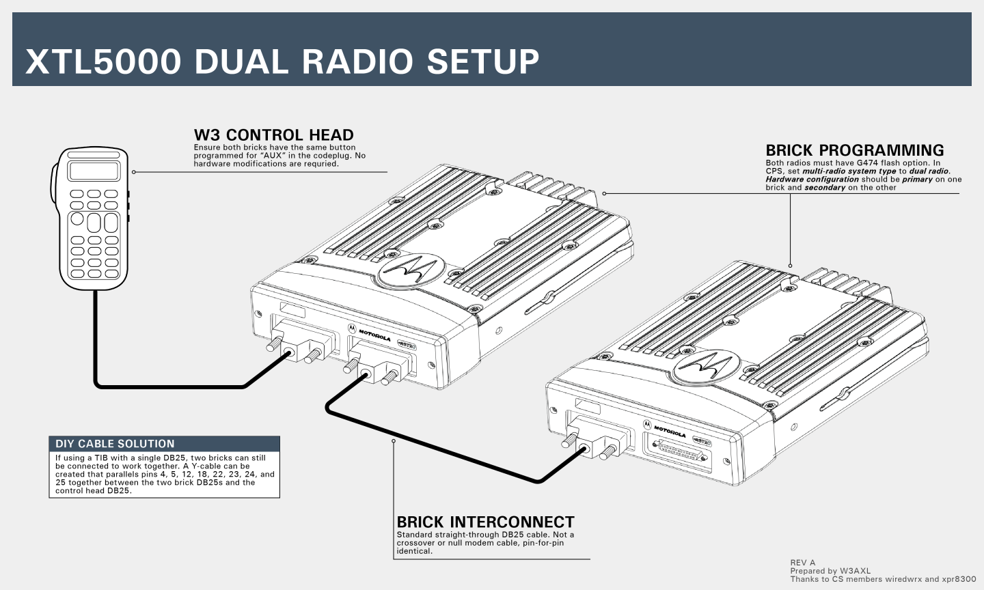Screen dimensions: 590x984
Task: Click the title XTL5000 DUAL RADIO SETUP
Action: tap(282, 61)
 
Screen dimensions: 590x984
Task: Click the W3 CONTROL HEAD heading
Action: tap(273, 135)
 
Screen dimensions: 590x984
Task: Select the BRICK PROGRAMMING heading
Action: tap(854, 150)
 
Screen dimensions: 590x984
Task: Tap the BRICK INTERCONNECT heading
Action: tap(485, 522)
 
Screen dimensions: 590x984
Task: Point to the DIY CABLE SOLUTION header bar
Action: tap(164, 444)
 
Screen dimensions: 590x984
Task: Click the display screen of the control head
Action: tap(94, 171)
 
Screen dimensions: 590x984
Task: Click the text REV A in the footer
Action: tap(803, 563)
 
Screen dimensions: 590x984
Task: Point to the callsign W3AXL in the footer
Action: tap(855, 571)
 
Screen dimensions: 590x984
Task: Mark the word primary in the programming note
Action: tap(917, 180)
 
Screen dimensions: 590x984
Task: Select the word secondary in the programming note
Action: tap(825, 188)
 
